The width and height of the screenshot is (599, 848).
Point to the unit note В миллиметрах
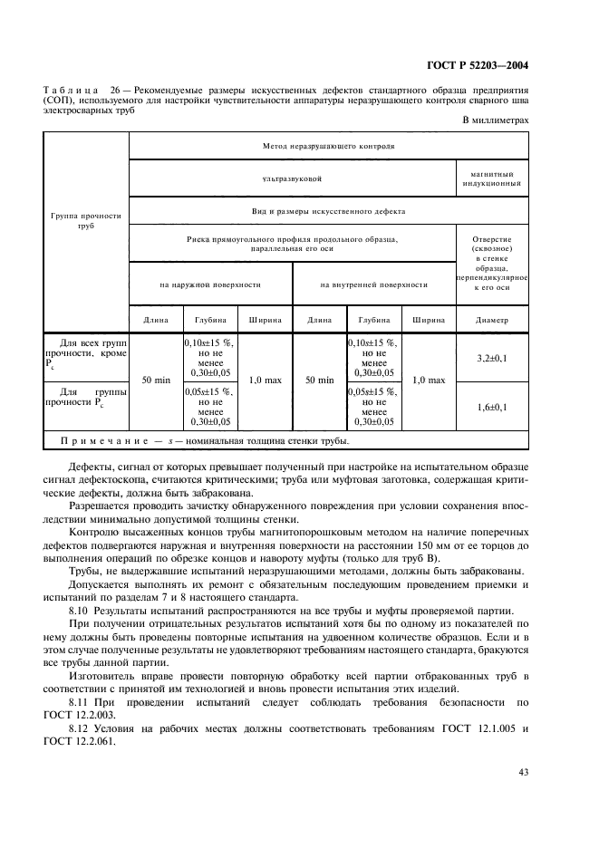coord(496,120)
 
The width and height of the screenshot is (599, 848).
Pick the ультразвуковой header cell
coord(292,178)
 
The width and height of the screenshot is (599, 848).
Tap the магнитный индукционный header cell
coord(493,178)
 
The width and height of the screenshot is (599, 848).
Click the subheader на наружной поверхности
coord(210,284)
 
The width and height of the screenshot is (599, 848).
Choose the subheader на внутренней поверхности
coord(373,284)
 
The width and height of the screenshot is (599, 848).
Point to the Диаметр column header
coord(493,320)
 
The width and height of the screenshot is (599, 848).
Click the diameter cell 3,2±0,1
coord(493,359)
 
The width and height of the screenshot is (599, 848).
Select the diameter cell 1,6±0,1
coord(493,407)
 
